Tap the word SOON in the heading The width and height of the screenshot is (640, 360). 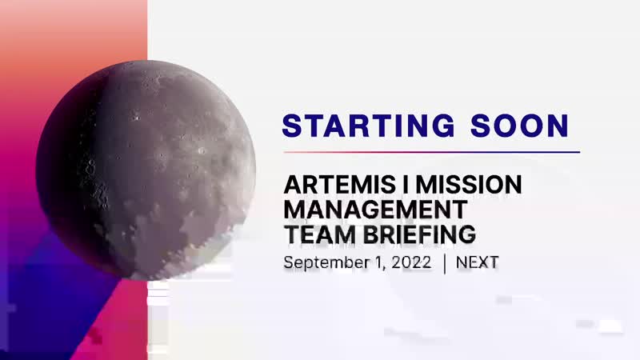point(519,126)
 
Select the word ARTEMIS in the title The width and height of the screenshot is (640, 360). point(339,185)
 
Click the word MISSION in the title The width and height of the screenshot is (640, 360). point(469,185)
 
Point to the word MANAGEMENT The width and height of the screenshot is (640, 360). point(375,210)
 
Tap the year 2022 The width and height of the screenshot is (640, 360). point(411,262)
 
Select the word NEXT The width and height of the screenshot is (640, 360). point(477,262)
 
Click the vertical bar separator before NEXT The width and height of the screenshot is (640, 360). point(444,263)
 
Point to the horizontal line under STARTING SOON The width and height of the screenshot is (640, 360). point(432,152)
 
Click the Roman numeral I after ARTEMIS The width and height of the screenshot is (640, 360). point(406,185)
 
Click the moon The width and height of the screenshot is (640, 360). point(146,170)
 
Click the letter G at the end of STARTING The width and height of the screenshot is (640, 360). point(442,126)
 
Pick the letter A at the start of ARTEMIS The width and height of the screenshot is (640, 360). point(293,185)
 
